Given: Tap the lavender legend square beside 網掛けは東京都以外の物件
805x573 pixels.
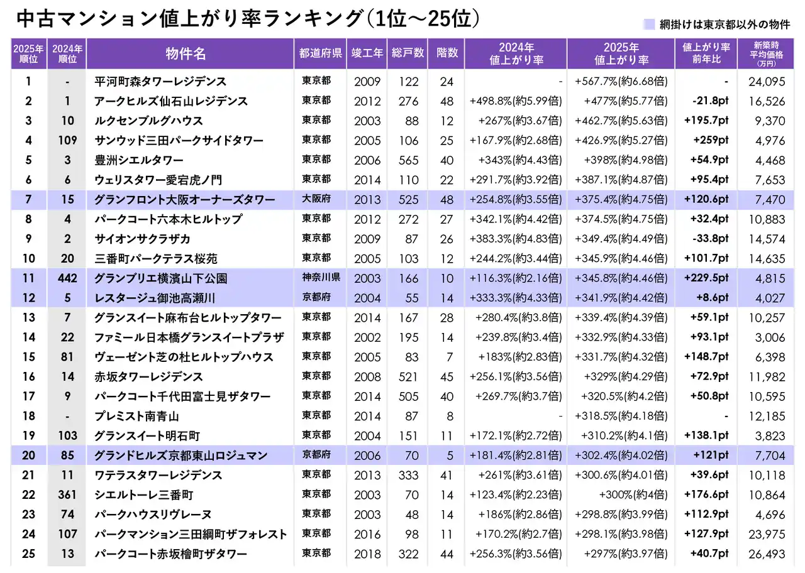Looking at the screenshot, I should point(648,25).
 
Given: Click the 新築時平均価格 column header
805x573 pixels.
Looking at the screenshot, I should point(765,53).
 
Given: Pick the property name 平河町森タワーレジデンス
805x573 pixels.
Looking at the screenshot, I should point(160,81).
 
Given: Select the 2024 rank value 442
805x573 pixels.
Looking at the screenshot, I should point(67,278).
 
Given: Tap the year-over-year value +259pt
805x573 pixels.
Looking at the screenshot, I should point(711,140).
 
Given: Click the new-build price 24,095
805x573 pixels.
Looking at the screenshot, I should point(766,81).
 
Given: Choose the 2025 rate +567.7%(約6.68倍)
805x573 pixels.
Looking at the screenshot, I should point(621,81).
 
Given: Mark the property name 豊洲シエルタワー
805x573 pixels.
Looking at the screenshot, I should point(139,160).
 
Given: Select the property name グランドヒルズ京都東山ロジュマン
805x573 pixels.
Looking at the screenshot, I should point(181,456).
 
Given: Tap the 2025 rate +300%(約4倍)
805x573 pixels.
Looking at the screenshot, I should point(633,495).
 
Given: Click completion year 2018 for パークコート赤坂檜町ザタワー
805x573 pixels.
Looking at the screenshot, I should point(367,554).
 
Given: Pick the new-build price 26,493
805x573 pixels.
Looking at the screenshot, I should point(766,554).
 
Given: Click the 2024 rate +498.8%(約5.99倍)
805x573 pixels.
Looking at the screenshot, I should point(516,101).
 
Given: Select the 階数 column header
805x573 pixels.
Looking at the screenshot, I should point(446,53).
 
